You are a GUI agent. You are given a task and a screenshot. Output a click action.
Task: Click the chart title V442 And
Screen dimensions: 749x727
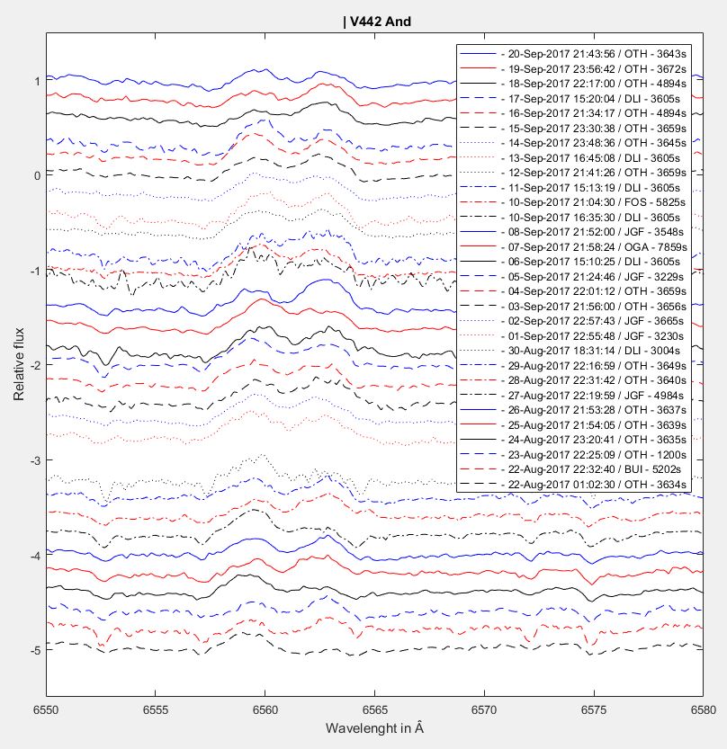(377, 22)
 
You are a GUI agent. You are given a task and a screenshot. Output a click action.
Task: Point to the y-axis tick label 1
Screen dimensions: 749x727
(36, 81)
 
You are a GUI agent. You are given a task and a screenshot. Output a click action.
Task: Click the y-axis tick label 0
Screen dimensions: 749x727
(36, 175)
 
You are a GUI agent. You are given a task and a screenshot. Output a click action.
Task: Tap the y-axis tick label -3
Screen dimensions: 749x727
(34, 460)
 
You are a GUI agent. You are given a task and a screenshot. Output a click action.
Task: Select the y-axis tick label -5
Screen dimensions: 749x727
(34, 650)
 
